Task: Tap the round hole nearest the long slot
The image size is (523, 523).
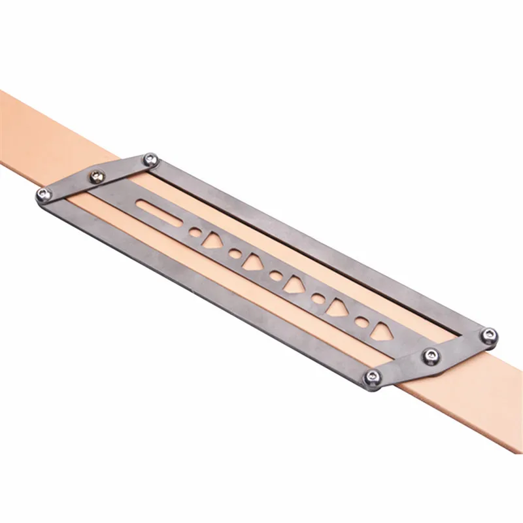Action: (195, 232)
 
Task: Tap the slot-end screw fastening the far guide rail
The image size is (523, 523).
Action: (151, 158)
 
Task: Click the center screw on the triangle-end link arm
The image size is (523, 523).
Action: (430, 356)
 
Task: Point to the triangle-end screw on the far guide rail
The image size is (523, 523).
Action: (488, 335)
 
